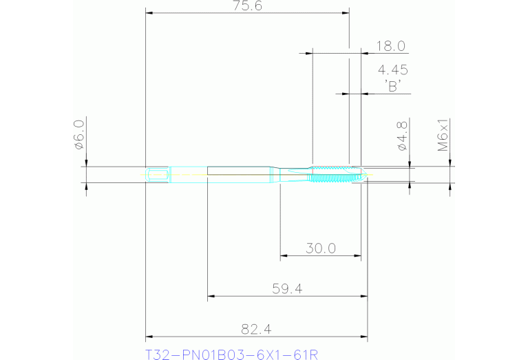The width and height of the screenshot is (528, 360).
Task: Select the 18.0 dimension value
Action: click(390, 47)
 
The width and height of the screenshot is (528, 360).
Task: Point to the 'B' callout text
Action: click(393, 87)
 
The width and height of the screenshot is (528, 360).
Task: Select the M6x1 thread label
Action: click(444, 135)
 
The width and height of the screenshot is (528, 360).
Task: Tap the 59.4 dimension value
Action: click(287, 289)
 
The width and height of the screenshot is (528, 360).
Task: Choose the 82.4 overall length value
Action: click(255, 330)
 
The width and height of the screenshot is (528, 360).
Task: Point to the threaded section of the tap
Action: click(333, 175)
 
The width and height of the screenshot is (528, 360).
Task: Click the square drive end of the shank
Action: click(158, 174)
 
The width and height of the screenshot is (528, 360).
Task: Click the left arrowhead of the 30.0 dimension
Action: click(284, 256)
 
